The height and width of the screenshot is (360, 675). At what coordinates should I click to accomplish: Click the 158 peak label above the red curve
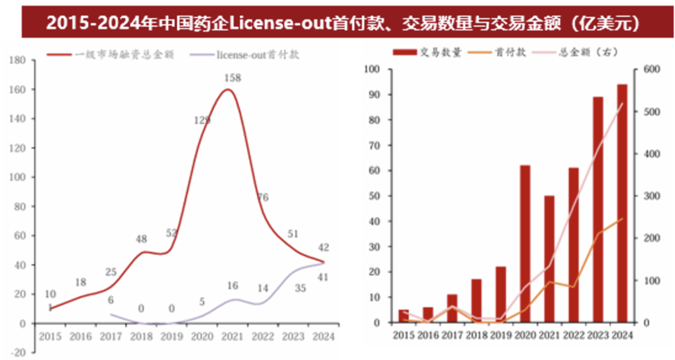coord(233,78)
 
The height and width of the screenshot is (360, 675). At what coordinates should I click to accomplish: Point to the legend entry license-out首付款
coord(257,55)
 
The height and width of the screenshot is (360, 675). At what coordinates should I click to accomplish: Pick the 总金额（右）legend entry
coord(581,54)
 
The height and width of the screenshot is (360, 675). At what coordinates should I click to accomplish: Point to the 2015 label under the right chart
coord(404,336)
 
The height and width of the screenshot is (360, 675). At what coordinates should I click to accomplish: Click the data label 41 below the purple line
coord(322,277)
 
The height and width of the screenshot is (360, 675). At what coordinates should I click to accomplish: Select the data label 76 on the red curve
coord(263,197)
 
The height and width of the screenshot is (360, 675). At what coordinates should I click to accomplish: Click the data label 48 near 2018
coord(141,238)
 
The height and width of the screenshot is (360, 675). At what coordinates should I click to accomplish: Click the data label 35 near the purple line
coord(300,288)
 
